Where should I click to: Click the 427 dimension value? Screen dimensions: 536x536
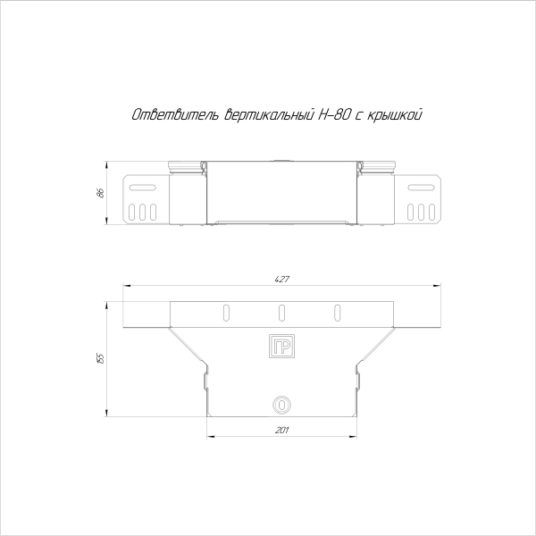coord(281,280)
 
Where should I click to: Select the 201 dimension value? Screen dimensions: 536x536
coord(281,430)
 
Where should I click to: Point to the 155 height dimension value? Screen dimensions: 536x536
coord(101,358)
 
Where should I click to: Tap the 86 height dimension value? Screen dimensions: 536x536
coord(101,193)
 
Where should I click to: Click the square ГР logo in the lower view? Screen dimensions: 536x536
coord(281,347)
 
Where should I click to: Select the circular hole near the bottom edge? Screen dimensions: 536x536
coord(281,404)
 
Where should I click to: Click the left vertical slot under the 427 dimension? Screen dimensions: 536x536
coord(225,312)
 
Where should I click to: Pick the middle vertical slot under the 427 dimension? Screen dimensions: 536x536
coord(281,312)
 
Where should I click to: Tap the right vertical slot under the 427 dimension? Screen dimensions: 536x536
coord(338,312)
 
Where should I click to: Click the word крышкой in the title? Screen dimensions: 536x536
coord(396,115)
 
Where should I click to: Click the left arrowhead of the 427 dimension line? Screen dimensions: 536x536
coord(126,286)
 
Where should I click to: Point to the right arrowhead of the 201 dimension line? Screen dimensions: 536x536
coord(353,437)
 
